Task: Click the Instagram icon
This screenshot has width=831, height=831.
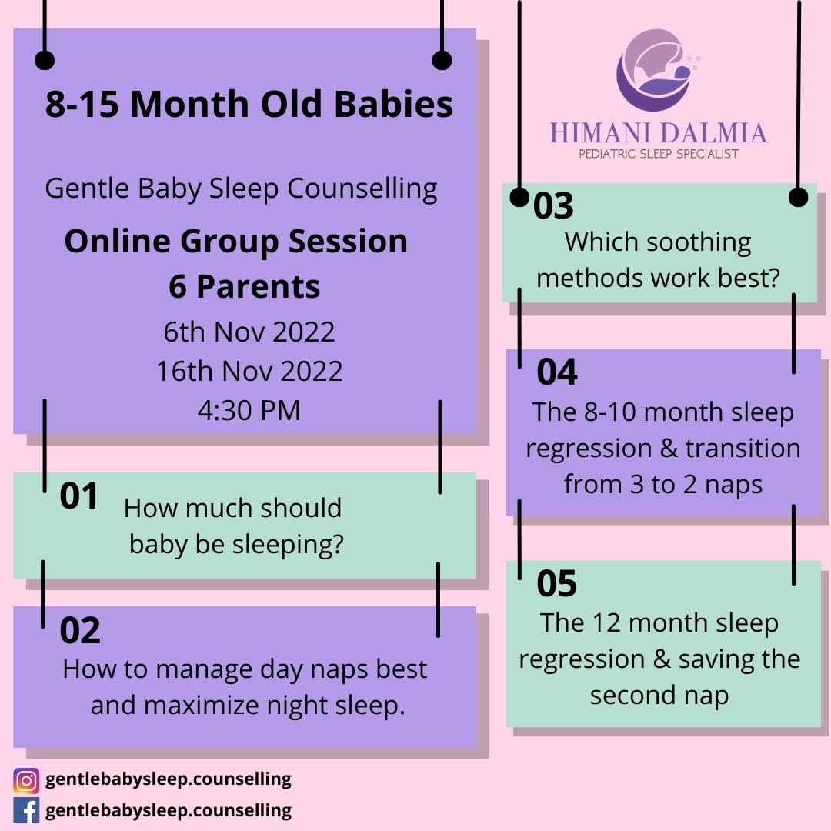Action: [26, 780]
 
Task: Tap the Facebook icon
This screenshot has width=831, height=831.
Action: [26, 811]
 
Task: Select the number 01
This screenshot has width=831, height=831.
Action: [78, 496]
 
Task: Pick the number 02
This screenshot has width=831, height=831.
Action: [80, 630]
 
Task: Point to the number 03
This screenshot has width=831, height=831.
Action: [553, 205]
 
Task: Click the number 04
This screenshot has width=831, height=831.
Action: [557, 372]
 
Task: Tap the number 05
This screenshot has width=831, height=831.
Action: [556, 583]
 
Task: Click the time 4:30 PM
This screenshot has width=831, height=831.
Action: [249, 411]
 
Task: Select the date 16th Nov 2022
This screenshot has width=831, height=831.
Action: [249, 371]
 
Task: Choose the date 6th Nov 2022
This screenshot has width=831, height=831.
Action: [249, 332]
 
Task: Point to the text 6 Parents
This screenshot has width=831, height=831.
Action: [245, 287]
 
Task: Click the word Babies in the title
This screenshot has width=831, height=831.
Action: [394, 103]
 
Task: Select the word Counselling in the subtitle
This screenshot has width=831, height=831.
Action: [362, 189]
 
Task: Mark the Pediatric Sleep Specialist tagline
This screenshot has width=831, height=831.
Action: [659, 154]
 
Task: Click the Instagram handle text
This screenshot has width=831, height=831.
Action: [169, 779]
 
